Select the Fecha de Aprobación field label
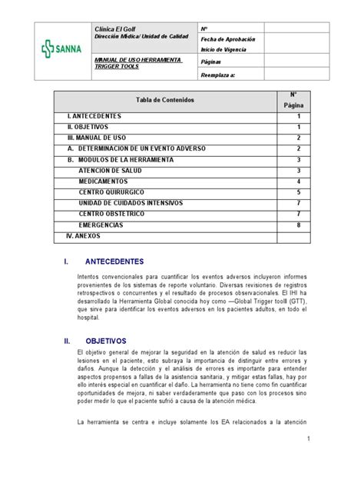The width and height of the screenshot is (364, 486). point(227,38)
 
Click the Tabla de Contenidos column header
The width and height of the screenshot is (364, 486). point(165,100)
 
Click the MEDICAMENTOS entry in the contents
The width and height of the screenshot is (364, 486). point(104,181)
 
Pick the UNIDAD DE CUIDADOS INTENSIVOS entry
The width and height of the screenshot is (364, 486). point(131,203)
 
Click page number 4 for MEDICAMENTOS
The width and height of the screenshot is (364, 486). point(298,181)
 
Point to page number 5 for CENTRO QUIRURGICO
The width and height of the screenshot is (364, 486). point(298,192)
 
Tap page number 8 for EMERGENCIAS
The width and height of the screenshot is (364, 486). point(298,225)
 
